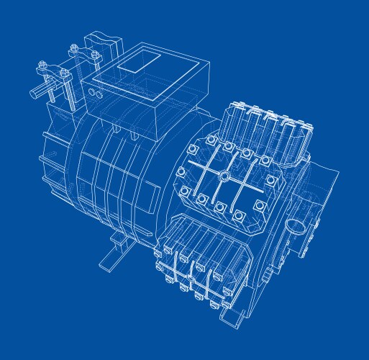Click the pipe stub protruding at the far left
[37, 93]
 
